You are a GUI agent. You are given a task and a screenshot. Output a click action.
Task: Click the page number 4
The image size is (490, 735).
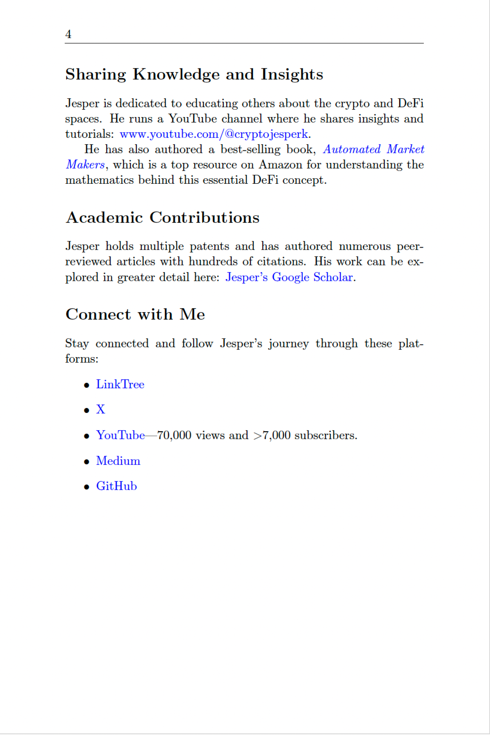click(x=68, y=34)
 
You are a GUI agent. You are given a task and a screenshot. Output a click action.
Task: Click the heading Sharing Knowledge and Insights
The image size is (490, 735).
click(x=194, y=74)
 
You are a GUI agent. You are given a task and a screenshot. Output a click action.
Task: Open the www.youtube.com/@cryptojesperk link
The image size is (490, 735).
click(x=214, y=134)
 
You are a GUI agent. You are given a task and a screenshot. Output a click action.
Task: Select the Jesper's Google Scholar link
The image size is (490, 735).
click(x=289, y=277)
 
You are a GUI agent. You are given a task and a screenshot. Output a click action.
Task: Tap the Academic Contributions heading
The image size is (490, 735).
click(x=163, y=218)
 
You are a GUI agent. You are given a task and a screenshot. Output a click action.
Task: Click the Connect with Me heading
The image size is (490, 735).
click(x=135, y=314)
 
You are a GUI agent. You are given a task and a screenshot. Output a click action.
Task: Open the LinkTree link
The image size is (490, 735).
click(x=120, y=384)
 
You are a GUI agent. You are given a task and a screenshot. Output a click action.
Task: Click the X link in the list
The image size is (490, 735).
click(x=100, y=409)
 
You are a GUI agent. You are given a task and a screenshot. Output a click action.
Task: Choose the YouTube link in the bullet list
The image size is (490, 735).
click(x=120, y=435)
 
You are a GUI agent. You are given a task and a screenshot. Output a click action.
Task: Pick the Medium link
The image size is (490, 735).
click(x=118, y=461)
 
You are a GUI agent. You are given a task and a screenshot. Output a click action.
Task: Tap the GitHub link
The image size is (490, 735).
click(x=116, y=486)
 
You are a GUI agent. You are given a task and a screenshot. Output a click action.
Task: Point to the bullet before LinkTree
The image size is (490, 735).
click(x=87, y=385)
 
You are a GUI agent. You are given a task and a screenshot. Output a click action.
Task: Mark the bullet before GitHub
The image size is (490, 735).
click(x=87, y=487)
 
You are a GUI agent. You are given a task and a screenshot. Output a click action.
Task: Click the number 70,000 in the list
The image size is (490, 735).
click(x=174, y=435)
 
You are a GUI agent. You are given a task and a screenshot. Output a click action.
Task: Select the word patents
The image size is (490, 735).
click(x=209, y=246)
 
